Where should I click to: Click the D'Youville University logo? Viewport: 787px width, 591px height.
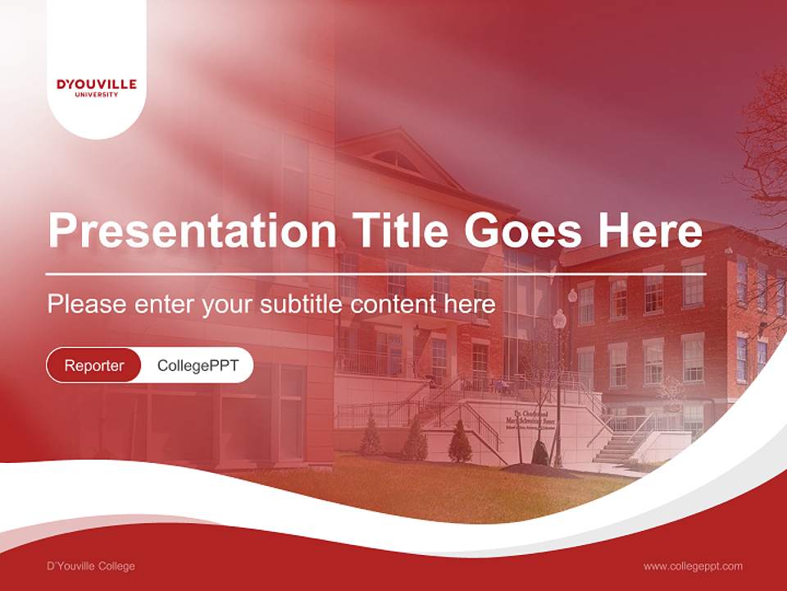pyautogui.click(x=97, y=87)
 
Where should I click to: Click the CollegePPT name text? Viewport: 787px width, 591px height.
pyautogui.click(x=198, y=365)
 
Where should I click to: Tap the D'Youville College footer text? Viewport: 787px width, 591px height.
pyautogui.click(x=91, y=566)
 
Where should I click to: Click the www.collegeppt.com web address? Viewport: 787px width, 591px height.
pyautogui.click(x=693, y=566)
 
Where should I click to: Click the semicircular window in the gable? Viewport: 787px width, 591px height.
pyautogui.click(x=398, y=159)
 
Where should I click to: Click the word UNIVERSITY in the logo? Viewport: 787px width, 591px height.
pyautogui.click(x=97, y=94)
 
